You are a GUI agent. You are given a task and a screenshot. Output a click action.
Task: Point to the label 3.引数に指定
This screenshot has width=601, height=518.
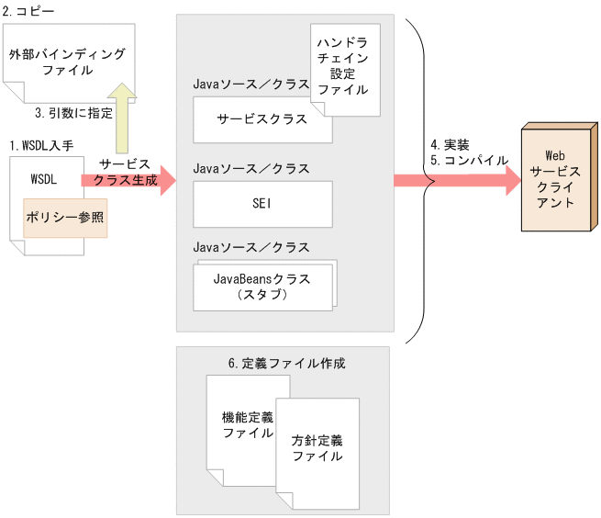pyautogui.click(x=73, y=114)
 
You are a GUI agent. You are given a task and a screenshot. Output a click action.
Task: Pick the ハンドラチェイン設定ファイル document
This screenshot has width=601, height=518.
pyautogui.click(x=344, y=66)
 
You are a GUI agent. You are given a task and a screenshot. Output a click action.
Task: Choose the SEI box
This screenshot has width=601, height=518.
pyautogui.click(x=262, y=203)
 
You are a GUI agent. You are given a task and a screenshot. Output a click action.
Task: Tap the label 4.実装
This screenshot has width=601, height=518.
pyautogui.click(x=450, y=145)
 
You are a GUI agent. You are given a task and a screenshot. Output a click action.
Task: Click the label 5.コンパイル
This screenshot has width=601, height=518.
pyautogui.click(x=469, y=160)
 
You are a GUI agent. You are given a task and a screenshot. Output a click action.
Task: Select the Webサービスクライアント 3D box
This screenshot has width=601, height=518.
pyautogui.click(x=555, y=178)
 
